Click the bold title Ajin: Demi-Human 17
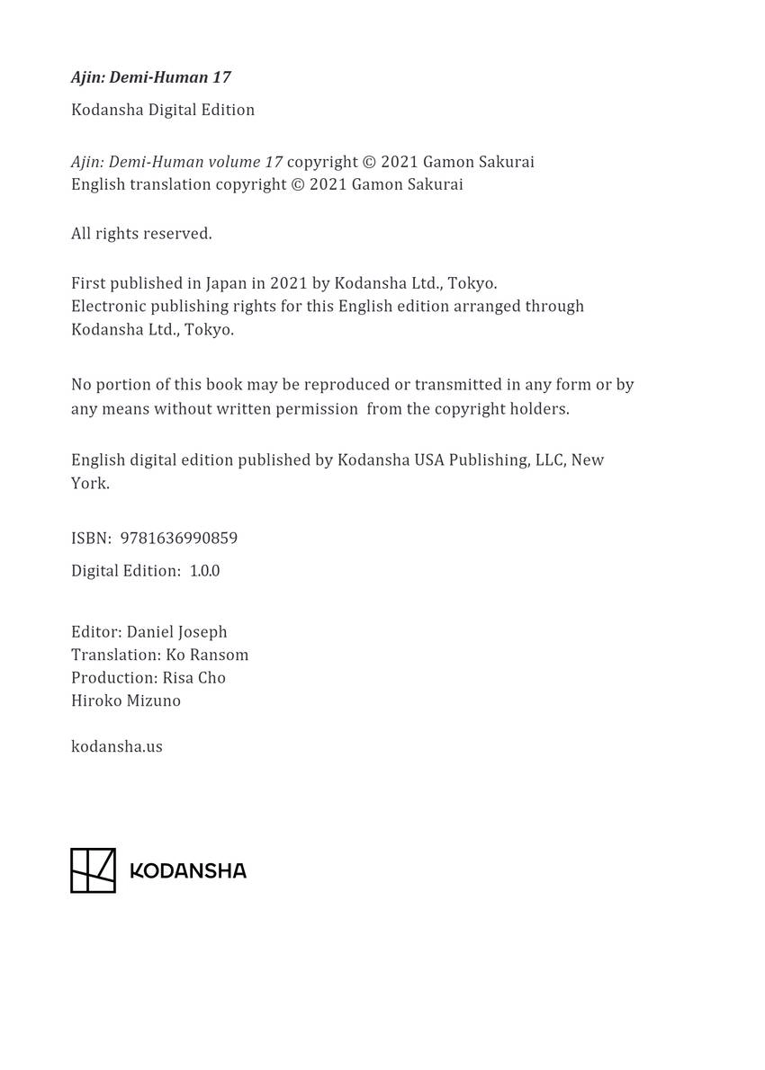[151, 77]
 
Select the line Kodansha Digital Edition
[163, 110]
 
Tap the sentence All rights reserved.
[141, 234]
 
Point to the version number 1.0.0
[204, 571]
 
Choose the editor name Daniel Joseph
[176, 632]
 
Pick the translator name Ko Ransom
[207, 655]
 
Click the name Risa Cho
[193, 678]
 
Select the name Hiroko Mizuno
[126, 700]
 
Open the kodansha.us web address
[117, 746]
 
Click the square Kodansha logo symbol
[94, 870]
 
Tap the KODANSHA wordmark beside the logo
[188, 870]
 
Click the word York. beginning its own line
[90, 484]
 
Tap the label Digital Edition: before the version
[126, 571]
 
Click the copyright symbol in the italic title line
[368, 163]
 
